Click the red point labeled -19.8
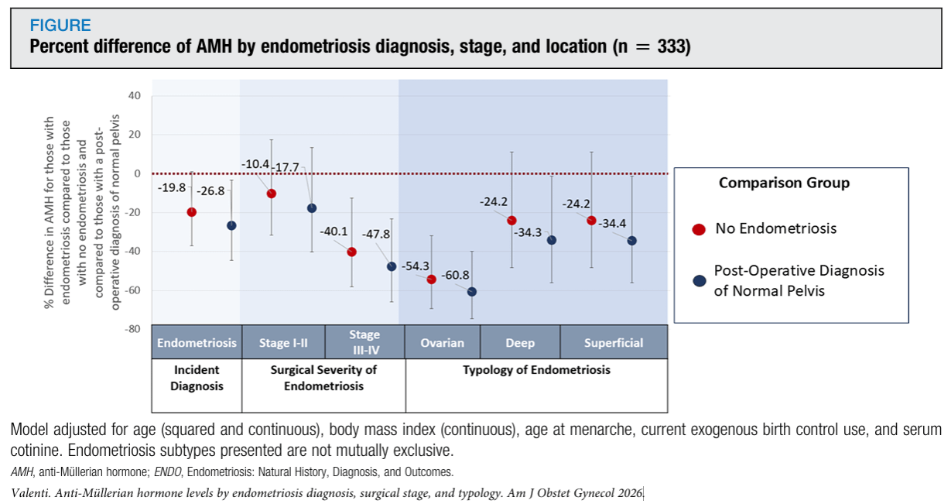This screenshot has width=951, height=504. click(x=191, y=212)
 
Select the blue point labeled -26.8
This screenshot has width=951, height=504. click(x=231, y=225)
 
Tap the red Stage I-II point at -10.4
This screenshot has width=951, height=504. click(x=272, y=194)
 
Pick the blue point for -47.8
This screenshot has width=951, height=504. click(x=392, y=266)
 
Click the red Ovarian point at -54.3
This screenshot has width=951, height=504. click(x=431, y=279)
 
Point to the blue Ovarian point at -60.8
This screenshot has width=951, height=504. click(x=472, y=292)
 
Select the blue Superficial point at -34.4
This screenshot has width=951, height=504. click(x=631, y=241)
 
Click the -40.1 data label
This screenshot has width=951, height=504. click(x=334, y=231)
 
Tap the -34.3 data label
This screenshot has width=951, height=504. click(x=528, y=232)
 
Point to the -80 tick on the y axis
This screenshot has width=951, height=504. click(x=132, y=329)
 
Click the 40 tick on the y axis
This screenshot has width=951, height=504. click(x=134, y=95)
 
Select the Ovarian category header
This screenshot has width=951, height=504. click(x=443, y=343)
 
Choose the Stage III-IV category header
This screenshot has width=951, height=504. click(x=364, y=342)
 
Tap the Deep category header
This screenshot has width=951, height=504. click(x=520, y=343)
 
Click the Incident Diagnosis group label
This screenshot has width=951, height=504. click(x=197, y=378)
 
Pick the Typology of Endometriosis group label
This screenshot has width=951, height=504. click(x=537, y=370)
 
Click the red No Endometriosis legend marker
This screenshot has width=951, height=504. click(x=699, y=230)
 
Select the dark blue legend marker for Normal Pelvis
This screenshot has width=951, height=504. click(x=700, y=281)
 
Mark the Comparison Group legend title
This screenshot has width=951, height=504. click(x=784, y=183)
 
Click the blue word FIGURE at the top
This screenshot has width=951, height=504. click(x=60, y=26)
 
